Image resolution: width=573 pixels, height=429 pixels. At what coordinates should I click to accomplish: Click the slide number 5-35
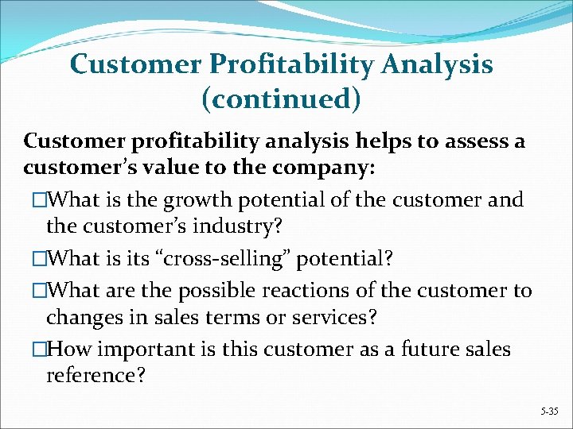[x=550, y=412]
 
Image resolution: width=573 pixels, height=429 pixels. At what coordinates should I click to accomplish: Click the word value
[x=168, y=168]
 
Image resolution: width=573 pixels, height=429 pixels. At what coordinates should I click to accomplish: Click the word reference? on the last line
[x=95, y=376]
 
